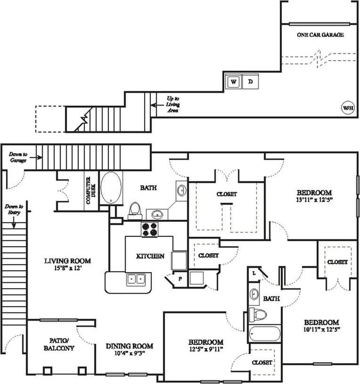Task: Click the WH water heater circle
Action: (348, 108)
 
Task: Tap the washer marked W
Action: (233, 82)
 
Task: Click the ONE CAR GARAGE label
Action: (320, 35)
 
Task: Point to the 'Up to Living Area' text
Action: (172, 104)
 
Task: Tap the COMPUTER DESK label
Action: (88, 190)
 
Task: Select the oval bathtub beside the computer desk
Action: (111, 188)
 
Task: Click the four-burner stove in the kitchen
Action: (150, 229)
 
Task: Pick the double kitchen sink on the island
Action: (136, 279)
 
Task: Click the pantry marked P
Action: (180, 278)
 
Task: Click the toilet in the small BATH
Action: (258, 314)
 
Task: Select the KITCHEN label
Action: (150, 256)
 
